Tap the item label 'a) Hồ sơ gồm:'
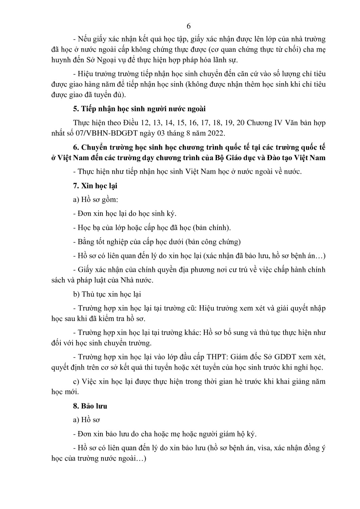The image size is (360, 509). (x=96, y=200)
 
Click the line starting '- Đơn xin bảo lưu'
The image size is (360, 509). (x=165, y=434)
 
